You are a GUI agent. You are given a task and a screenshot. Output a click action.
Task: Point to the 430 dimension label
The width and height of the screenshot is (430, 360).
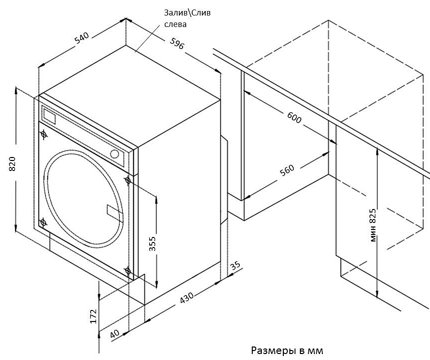pyautogui.click(x=187, y=298)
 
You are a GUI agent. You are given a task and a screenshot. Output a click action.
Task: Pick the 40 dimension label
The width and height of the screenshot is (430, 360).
pyautogui.click(x=116, y=333)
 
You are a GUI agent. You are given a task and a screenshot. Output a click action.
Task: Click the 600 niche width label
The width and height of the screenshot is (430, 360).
pyautogui.click(x=295, y=117)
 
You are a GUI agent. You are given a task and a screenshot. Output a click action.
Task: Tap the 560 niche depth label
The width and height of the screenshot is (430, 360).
pyautogui.click(x=287, y=170)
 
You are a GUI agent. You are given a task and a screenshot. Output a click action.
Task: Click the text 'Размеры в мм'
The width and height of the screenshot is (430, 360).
pyautogui.click(x=282, y=349)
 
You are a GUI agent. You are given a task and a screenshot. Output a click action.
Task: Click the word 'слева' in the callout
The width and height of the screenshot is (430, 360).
pyautogui.click(x=175, y=24)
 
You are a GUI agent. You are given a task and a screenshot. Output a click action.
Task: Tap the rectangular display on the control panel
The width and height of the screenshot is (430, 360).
pyautogui.click(x=50, y=116)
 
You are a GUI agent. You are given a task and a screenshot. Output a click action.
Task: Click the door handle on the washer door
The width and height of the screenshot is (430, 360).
pyautogui.click(x=114, y=210)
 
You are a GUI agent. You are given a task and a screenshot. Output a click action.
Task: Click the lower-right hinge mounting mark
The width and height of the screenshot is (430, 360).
pyautogui.click(x=128, y=271)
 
